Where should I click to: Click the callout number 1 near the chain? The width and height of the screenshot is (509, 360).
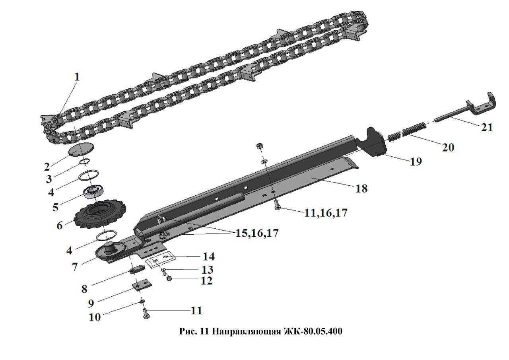(x=77, y=77)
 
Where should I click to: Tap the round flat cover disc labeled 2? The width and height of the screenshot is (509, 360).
(x=81, y=149)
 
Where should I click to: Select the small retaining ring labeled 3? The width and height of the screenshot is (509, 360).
(x=84, y=162)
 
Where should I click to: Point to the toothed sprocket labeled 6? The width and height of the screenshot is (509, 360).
(x=100, y=214)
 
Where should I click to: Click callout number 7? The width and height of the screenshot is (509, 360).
(x=75, y=267)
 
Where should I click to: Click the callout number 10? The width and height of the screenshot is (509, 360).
(x=95, y=317)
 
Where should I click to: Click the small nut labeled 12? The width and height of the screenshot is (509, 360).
(x=169, y=278)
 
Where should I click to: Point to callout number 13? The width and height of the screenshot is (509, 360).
(x=207, y=270)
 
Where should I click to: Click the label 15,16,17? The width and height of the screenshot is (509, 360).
(x=257, y=233)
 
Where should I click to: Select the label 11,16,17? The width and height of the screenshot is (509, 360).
(x=325, y=213)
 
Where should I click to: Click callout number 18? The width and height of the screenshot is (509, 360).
(x=361, y=189)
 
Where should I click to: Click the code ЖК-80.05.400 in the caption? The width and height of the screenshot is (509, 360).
(x=313, y=331)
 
